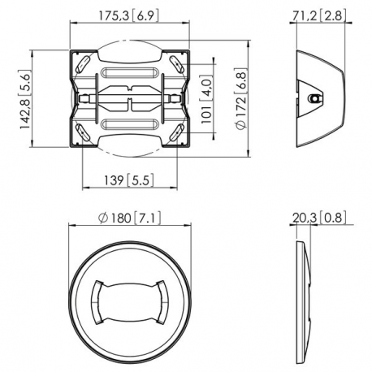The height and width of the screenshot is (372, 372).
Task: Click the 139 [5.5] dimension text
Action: click(130, 180)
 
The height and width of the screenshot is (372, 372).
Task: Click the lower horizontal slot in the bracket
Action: click(130, 124)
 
